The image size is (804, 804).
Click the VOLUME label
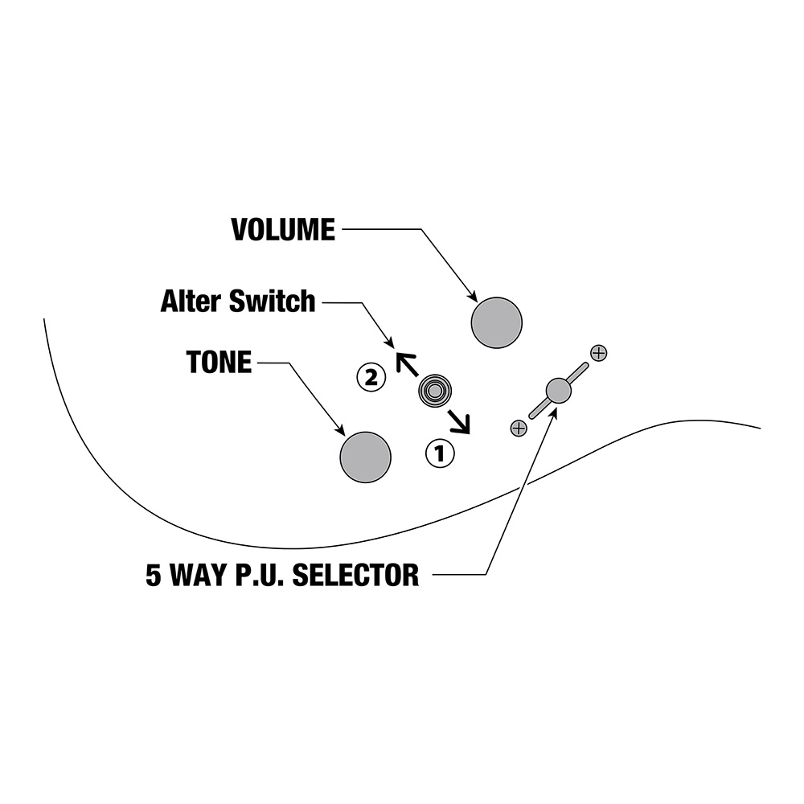click(x=283, y=230)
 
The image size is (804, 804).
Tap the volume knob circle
click(x=496, y=322)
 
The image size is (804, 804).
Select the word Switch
click(x=272, y=301)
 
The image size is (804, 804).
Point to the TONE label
click(x=219, y=362)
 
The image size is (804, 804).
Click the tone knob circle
click(x=365, y=457)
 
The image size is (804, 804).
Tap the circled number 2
click(x=371, y=377)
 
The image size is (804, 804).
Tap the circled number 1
click(x=440, y=453)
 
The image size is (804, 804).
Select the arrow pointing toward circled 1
click(x=459, y=421)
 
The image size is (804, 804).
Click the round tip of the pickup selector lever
click(x=559, y=391)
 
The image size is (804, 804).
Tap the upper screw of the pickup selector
click(x=598, y=353)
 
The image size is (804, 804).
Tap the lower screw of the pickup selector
click(x=519, y=429)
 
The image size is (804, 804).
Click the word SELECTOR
click(x=355, y=575)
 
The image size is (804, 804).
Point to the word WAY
click(x=199, y=575)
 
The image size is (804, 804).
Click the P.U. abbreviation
click(x=260, y=575)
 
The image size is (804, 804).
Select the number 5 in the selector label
click(x=154, y=575)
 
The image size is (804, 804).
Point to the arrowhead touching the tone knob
click(x=339, y=430)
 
